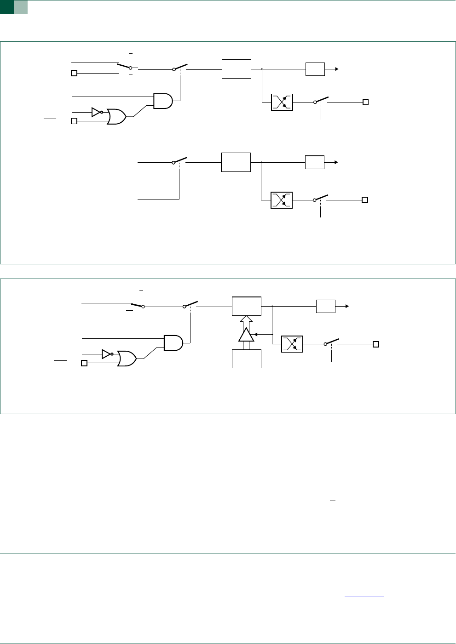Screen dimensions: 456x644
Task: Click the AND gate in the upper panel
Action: click(x=163, y=101)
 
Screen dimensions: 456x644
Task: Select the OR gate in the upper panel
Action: click(x=117, y=117)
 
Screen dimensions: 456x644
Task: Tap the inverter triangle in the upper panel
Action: click(x=95, y=112)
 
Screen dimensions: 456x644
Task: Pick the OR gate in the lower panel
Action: click(x=127, y=359)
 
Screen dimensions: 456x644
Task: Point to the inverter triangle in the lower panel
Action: click(x=106, y=354)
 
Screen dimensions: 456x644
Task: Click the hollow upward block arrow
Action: click(x=247, y=321)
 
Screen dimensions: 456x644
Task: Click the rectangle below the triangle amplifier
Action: click(x=247, y=359)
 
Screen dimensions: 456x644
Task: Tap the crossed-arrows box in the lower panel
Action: click(x=292, y=344)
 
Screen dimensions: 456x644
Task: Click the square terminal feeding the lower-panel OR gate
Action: click(x=84, y=363)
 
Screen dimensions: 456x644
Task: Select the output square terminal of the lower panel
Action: click(x=376, y=344)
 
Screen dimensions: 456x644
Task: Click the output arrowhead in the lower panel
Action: click(x=347, y=306)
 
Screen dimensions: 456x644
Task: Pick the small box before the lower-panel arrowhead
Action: click(x=326, y=306)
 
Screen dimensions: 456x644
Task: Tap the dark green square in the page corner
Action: click(x=6, y=6)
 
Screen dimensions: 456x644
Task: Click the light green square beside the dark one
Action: click(x=21, y=6)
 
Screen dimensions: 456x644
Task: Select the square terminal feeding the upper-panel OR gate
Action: click(x=74, y=121)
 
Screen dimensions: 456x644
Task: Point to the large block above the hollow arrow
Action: click(x=247, y=306)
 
